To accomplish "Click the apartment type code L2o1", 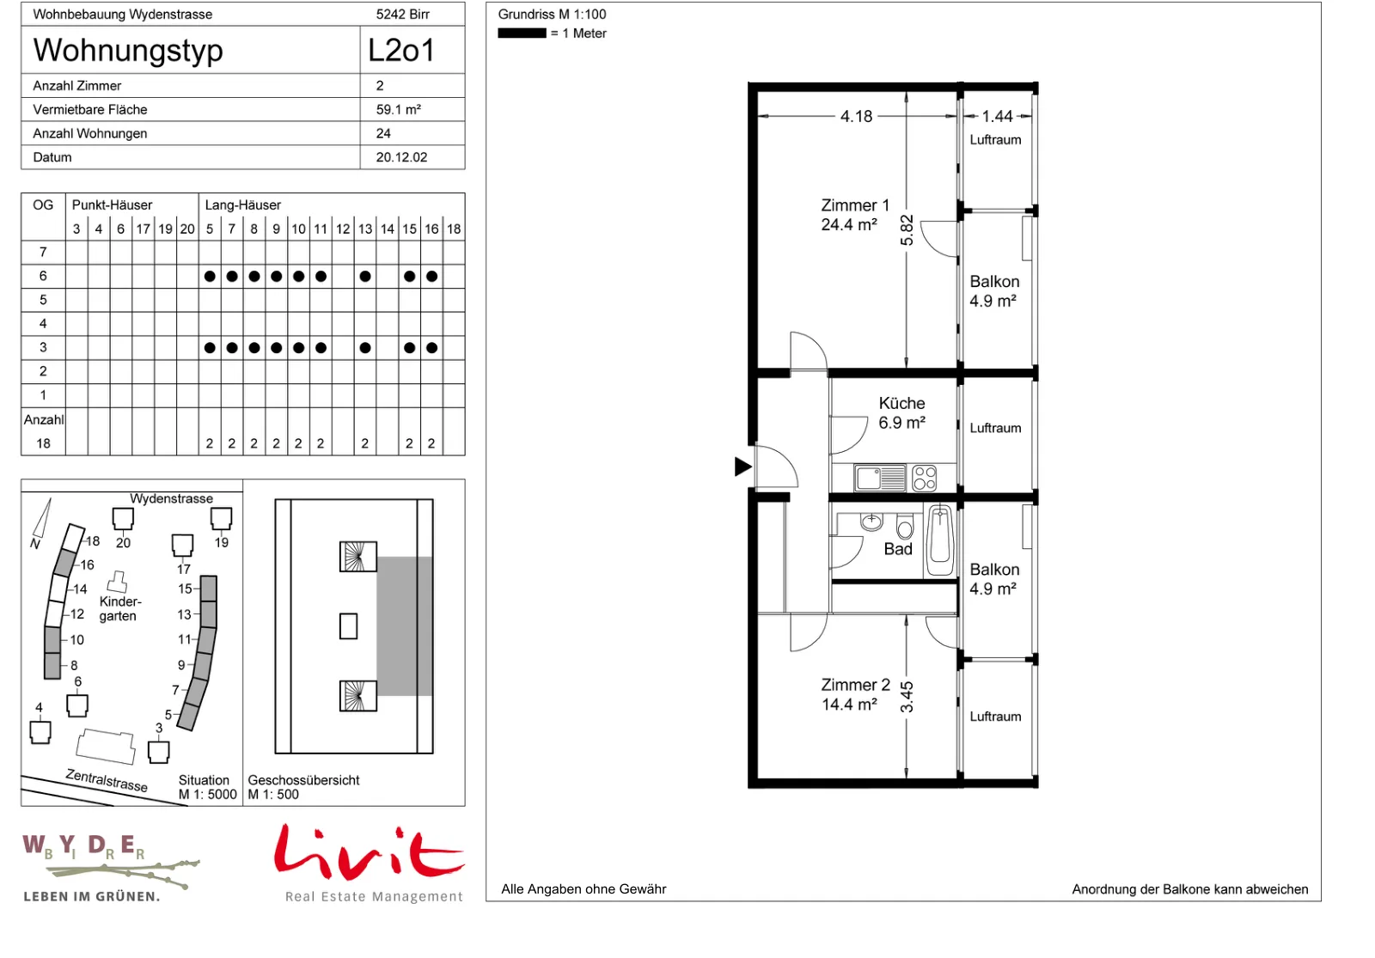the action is tap(401, 51).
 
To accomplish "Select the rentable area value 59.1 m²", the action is tap(399, 109).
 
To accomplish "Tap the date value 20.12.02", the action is tap(401, 157).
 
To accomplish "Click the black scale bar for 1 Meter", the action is tap(522, 34).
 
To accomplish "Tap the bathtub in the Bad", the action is tap(940, 540).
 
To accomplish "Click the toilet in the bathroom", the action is tap(906, 526).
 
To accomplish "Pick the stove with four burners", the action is tap(925, 479).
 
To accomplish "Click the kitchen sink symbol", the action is tap(880, 479).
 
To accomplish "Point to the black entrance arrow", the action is tap(743, 467).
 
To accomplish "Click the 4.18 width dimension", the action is tap(856, 116).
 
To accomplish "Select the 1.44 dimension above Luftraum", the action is tap(998, 116).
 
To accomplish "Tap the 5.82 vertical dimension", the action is tap(907, 230).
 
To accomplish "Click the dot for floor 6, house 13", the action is tap(365, 276).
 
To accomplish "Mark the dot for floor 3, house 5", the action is tap(210, 348).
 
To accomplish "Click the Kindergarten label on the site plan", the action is tap(120, 609).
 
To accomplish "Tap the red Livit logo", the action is tap(370, 851).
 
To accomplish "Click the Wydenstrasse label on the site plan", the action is tap(171, 498).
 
